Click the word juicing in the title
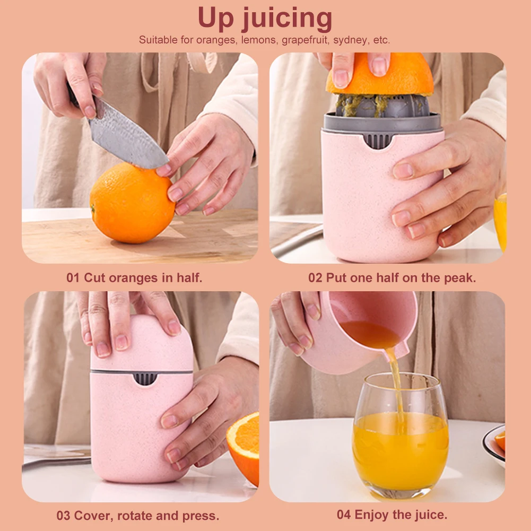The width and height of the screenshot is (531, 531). tap(286, 19)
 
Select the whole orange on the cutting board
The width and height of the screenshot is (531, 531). tap(133, 203)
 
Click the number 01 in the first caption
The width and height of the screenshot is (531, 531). tap(73, 277)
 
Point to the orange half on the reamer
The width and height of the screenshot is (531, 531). tap(379, 74)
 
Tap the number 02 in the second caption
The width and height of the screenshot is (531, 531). tap(315, 277)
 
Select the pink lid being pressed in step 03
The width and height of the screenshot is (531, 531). tap(142, 344)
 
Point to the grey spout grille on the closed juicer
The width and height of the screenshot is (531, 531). tap(145, 379)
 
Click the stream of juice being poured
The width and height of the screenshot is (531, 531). tap(397, 386)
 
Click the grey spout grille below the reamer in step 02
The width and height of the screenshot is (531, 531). tap(378, 141)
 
